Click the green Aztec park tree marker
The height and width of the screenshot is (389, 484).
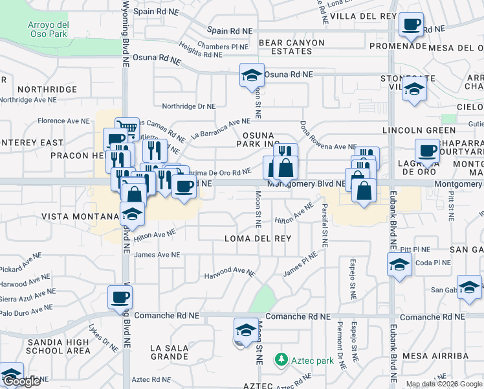point(281,359)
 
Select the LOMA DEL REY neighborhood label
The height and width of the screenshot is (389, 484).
point(258,239)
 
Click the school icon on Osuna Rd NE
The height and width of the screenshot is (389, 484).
point(252,76)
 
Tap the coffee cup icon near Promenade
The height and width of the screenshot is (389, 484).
point(411,25)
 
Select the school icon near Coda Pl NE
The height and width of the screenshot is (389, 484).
point(399,265)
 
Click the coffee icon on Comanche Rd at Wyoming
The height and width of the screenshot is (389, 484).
point(120,298)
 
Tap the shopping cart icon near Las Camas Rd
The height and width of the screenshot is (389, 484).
point(127,128)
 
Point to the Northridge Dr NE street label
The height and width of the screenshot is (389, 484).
point(188,106)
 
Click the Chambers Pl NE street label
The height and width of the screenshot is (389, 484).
point(223,47)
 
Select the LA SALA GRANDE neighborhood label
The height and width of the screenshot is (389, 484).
point(169,352)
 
